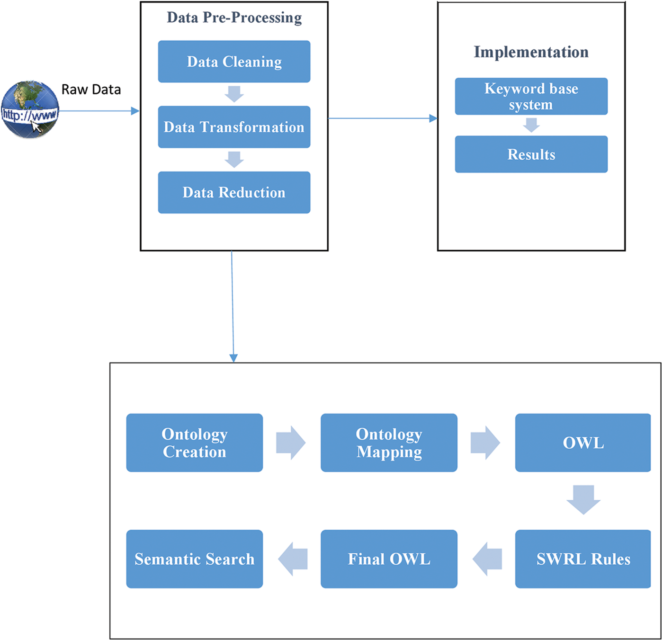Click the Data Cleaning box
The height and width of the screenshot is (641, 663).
234,62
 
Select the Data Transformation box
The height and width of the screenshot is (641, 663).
234,127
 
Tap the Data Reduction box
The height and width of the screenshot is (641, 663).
234,192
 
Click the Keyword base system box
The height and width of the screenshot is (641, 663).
531,96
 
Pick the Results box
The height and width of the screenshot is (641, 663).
531,154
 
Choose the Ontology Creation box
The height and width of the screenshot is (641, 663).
195,442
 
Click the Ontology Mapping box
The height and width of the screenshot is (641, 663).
389,442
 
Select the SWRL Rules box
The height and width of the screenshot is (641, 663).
583,559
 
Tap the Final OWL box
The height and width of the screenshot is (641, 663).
389,559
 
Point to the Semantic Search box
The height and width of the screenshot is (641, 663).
195,559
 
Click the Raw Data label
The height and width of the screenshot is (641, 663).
91,89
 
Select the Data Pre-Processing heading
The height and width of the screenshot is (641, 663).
234,18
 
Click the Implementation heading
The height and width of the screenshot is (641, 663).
531,52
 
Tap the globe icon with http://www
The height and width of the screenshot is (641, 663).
30,109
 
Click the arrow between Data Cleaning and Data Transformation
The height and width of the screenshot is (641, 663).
234,94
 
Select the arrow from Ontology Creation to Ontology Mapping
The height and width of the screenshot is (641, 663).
291,442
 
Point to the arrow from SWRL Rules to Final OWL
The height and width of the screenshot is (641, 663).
487,559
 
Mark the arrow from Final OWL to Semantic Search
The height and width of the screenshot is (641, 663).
293,559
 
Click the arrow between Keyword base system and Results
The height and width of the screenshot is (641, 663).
531,125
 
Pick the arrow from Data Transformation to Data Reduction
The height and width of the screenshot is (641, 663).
234,160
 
